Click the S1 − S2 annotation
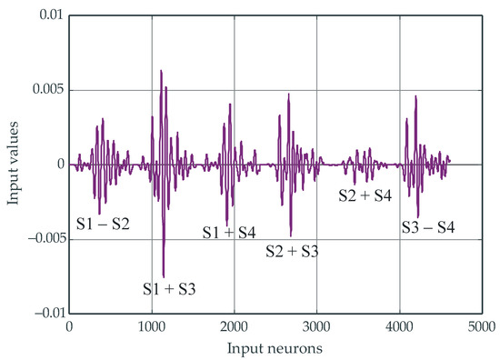click(x=103, y=222)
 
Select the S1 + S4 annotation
click(x=228, y=233)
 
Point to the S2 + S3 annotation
click(x=291, y=251)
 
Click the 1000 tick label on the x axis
click(x=152, y=327)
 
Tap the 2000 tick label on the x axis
click(x=235, y=327)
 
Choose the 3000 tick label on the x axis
click(x=316, y=327)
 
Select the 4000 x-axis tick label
click(x=399, y=327)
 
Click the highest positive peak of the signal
click(x=161, y=70)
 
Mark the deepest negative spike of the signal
click(x=164, y=276)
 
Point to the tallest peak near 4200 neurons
click(x=415, y=95)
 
